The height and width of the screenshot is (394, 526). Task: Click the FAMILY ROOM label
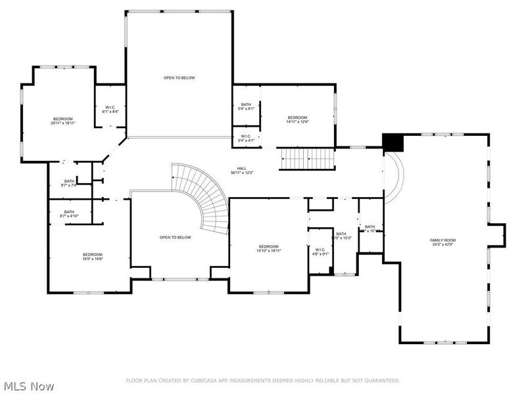[442, 240]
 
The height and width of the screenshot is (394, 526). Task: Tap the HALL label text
[243, 169]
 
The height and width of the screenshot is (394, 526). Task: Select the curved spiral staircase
[204, 197]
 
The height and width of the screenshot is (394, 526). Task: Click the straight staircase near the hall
[308, 158]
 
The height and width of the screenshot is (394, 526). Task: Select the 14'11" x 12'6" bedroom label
[297, 119]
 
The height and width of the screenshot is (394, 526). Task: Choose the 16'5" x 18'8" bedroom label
[92, 257]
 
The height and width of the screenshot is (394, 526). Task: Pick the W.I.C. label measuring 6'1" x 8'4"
[110, 110]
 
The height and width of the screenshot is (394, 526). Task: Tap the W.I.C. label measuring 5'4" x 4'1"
[246, 139]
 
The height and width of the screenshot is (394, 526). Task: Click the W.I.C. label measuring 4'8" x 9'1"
[320, 252]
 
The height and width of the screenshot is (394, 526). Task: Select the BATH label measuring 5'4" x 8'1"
[246, 106]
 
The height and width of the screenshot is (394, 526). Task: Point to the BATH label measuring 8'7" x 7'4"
[69, 183]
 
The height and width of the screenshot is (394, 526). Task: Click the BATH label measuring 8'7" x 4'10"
[69, 213]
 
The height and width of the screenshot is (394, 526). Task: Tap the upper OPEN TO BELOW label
[179, 77]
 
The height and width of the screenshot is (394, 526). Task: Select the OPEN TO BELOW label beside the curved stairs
[175, 237]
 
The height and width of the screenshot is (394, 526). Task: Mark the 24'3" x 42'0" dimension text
[442, 245]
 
